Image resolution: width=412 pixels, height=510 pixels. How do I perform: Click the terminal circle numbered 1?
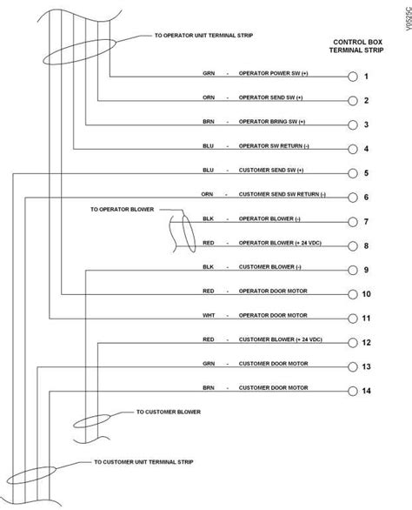(353, 77)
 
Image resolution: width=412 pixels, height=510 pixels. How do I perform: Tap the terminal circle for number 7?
(353, 222)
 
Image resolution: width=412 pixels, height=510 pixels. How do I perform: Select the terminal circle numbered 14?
(353, 391)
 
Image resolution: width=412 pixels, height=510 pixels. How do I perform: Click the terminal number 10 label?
(366, 294)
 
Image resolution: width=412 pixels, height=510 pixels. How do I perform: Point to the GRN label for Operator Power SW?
(209, 73)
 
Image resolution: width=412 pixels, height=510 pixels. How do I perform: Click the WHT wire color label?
(209, 315)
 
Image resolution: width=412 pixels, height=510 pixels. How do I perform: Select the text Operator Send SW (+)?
(270, 97)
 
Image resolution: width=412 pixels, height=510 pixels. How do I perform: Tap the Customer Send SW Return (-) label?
(282, 194)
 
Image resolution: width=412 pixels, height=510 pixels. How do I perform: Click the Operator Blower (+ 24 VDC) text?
(280, 243)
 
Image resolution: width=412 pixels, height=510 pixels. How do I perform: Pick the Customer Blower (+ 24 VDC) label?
(281, 339)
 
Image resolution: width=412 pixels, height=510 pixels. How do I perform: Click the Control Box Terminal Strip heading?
(356, 46)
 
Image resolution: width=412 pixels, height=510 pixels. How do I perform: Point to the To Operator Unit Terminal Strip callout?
(203, 35)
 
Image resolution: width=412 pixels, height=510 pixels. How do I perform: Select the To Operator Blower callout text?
(123, 210)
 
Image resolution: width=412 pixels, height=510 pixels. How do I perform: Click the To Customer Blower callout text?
(169, 412)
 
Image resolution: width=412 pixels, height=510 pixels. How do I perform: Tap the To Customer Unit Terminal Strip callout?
(143, 462)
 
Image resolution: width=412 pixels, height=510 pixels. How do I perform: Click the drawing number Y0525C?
(409, 19)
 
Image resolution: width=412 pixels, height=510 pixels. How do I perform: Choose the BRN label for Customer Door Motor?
(209, 387)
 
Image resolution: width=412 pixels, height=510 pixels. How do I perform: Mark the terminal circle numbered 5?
(353, 173)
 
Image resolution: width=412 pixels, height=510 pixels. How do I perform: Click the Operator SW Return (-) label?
(274, 145)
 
